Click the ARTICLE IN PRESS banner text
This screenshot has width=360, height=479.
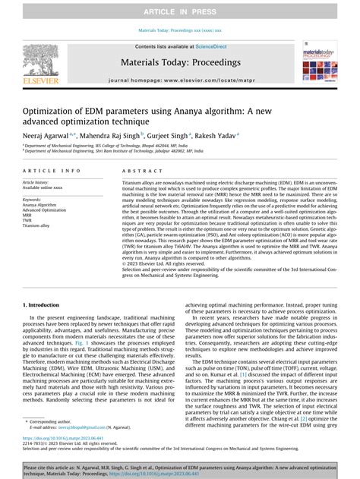point(180,12)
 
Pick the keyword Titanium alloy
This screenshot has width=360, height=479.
point(36,226)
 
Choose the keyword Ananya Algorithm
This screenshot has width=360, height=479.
point(39,204)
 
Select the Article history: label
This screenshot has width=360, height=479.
point(38,183)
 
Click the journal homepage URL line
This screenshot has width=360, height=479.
point(179,79)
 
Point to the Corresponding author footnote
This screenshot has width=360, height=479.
point(58,421)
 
